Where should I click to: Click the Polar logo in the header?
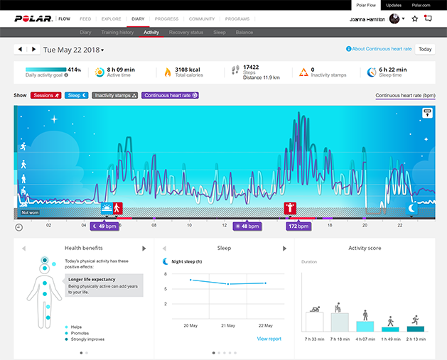[x=33, y=18]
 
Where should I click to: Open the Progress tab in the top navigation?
[x=166, y=18]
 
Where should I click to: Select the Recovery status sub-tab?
[x=186, y=32]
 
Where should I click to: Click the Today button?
[x=425, y=49]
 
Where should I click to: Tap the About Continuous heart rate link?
[x=382, y=49]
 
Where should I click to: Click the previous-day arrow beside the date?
[x=21, y=50]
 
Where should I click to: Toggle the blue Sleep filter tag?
[x=77, y=94]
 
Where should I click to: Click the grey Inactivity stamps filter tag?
[x=115, y=94]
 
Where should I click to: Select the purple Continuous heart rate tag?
[x=170, y=94]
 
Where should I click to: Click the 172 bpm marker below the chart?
[x=297, y=226]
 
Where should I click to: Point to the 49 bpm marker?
[x=104, y=226]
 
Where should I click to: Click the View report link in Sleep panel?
[x=269, y=339]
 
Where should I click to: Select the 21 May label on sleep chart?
[x=228, y=325]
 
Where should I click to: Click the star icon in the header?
[x=415, y=18]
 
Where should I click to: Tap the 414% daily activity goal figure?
[x=74, y=70]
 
